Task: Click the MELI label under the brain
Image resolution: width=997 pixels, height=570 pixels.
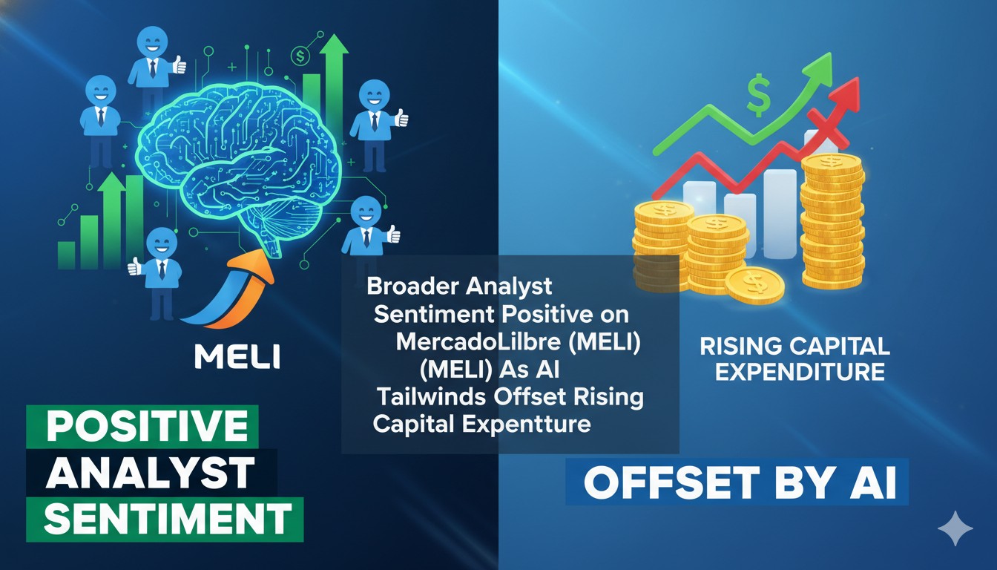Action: (237, 356)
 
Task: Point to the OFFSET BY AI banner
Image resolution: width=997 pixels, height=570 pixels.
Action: (739, 483)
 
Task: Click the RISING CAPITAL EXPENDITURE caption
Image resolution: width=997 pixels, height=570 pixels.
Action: (794, 358)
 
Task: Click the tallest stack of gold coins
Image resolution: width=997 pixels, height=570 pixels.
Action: (832, 223)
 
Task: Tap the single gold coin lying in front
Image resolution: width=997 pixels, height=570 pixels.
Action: (754, 286)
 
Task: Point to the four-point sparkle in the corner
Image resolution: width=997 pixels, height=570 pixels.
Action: (955, 528)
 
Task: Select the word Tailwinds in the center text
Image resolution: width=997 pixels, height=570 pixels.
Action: (432, 396)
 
